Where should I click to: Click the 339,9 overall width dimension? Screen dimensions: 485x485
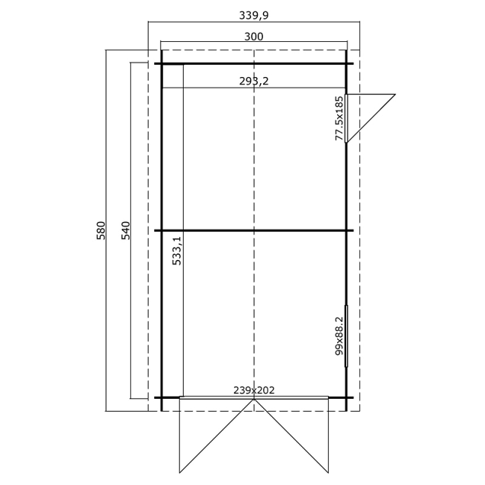click(253, 14)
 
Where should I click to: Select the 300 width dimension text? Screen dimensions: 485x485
click(253, 36)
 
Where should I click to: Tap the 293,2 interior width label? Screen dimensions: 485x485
click(253, 81)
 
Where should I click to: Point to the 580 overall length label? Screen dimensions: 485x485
click(101, 230)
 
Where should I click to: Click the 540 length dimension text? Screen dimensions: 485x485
click(127, 230)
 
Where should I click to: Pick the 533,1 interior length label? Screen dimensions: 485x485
click(177, 250)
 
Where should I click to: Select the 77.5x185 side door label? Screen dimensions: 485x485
click(339, 118)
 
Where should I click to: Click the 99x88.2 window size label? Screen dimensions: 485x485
click(339, 336)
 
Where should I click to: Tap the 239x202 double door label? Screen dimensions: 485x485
click(253, 390)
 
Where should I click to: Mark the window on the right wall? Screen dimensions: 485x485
click(346, 336)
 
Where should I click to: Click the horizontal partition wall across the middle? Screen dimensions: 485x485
click(229, 230)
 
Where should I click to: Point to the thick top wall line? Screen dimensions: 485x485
click(229, 64)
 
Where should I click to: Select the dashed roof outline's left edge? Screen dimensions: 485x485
click(148, 191)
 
